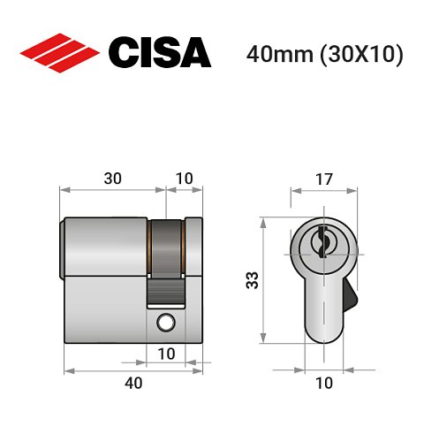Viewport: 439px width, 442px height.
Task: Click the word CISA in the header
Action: pyautogui.click(x=158, y=52)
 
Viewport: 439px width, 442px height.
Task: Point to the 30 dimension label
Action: pyautogui.click(x=112, y=178)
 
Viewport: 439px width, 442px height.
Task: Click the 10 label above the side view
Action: pyautogui.click(x=184, y=178)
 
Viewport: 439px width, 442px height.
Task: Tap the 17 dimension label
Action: pyautogui.click(x=324, y=178)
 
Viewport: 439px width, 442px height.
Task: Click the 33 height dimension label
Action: pyautogui.click(x=252, y=281)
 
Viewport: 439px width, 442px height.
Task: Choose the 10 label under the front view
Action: pyautogui.click(x=324, y=383)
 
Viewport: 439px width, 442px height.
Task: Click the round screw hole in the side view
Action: pyautogui.click(x=165, y=324)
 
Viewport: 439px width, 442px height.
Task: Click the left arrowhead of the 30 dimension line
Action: pyautogui.click(x=63, y=189)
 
